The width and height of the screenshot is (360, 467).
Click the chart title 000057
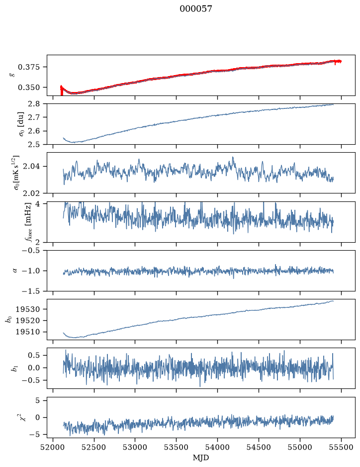[x=196, y=9]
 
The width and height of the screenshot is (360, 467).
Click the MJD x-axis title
[x=201, y=458]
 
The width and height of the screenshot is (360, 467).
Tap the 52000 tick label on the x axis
[x=53, y=447]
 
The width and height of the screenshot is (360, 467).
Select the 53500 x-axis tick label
[x=177, y=447]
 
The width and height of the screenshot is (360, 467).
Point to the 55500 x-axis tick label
[x=341, y=447]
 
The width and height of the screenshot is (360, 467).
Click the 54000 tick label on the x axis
[x=217, y=447]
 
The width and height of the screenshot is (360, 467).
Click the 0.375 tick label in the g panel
[x=28, y=67]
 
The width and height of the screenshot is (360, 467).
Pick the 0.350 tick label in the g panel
[x=28, y=88]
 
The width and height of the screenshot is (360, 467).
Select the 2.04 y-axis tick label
[x=31, y=166]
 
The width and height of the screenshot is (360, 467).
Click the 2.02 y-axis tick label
[x=31, y=193]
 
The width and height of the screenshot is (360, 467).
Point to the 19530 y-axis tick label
[x=27, y=309]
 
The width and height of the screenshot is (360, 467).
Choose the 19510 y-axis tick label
[x=27, y=332]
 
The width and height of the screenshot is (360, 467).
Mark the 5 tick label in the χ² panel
[x=37, y=400]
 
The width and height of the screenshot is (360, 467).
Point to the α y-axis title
[x=15, y=271]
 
